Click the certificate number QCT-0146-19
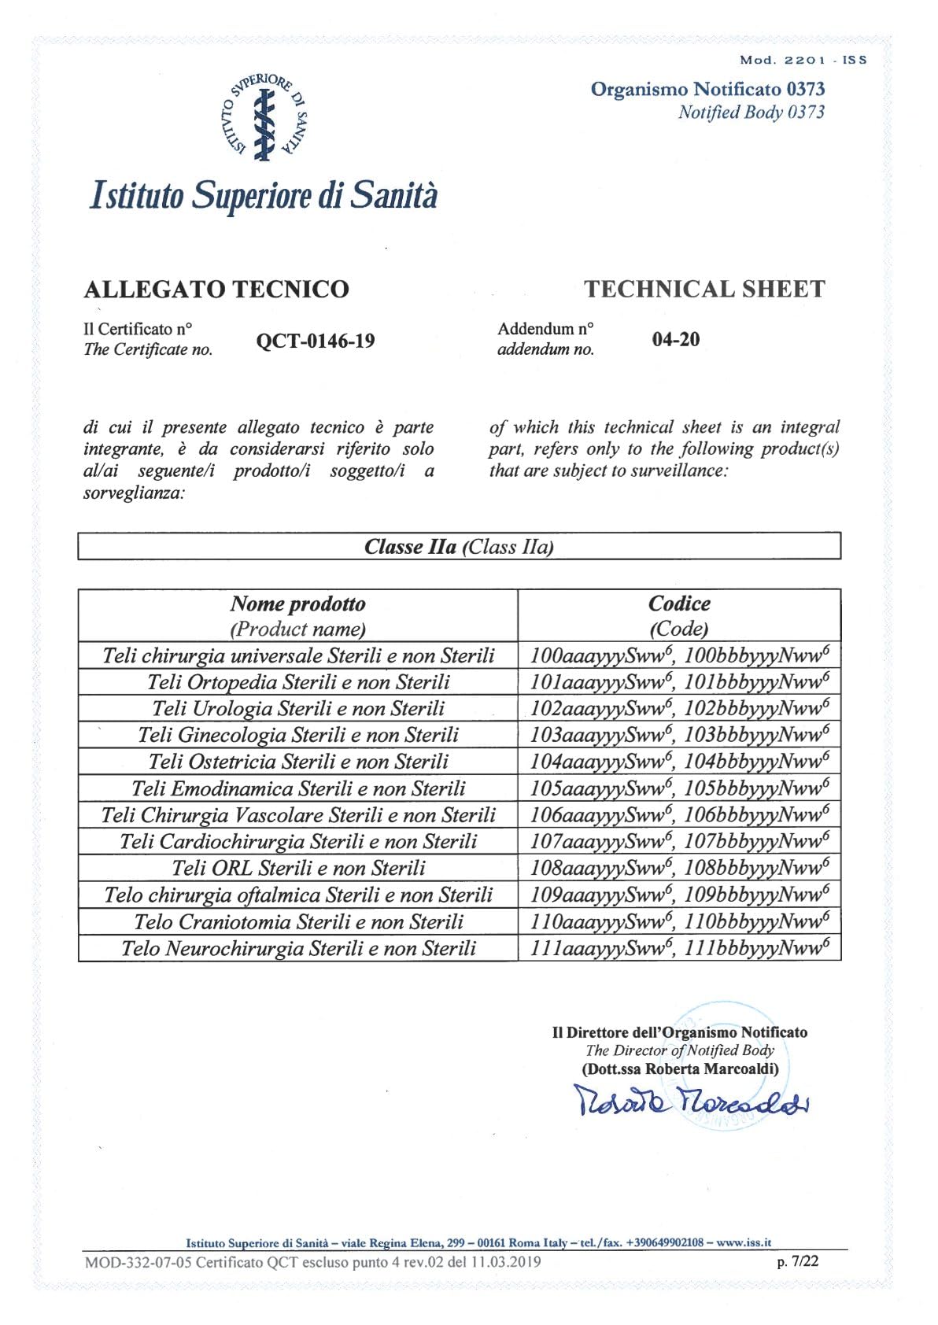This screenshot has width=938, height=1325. click(x=316, y=341)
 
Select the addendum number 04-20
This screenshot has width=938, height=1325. click(x=675, y=339)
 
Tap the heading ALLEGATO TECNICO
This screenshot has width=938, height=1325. click(x=216, y=290)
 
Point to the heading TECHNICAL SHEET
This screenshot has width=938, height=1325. click(x=704, y=290)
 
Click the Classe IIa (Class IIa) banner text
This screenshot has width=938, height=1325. click(x=459, y=547)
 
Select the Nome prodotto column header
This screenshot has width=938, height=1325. click(x=297, y=604)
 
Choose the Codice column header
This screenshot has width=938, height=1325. click(x=678, y=604)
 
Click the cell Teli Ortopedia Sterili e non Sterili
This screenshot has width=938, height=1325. click(x=298, y=682)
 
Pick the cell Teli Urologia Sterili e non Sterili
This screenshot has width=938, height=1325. click(x=298, y=709)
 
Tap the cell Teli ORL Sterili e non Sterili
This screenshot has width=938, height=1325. click(x=298, y=868)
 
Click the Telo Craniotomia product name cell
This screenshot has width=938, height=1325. click(x=298, y=921)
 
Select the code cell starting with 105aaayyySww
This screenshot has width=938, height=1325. click(x=679, y=788)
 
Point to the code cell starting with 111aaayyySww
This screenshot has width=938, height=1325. click(x=679, y=948)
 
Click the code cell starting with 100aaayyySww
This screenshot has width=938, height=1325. click(x=679, y=655)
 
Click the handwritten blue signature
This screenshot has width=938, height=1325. click(x=691, y=1101)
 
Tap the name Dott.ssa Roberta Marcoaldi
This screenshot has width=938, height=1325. click(x=680, y=1069)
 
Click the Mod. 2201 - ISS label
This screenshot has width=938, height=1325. click(x=803, y=60)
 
